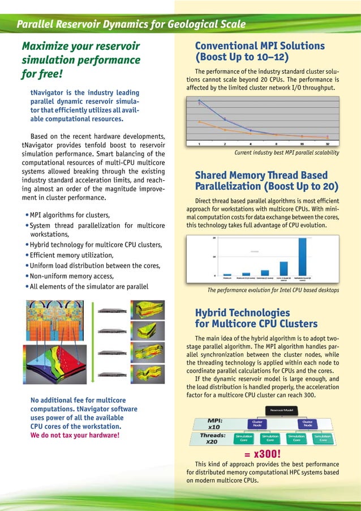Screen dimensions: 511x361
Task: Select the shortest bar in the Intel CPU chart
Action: click(x=227, y=274)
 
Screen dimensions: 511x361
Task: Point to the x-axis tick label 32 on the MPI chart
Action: click(x=328, y=143)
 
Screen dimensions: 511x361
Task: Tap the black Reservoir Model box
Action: click(x=281, y=410)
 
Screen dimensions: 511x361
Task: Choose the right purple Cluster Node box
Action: click(x=308, y=423)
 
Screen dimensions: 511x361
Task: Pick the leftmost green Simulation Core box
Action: click(x=244, y=438)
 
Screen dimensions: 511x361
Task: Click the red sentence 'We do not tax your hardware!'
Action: click(x=75, y=435)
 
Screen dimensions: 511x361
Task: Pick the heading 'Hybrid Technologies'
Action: click(x=242, y=313)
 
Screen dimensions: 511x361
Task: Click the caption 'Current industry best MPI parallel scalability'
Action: click(x=286, y=153)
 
